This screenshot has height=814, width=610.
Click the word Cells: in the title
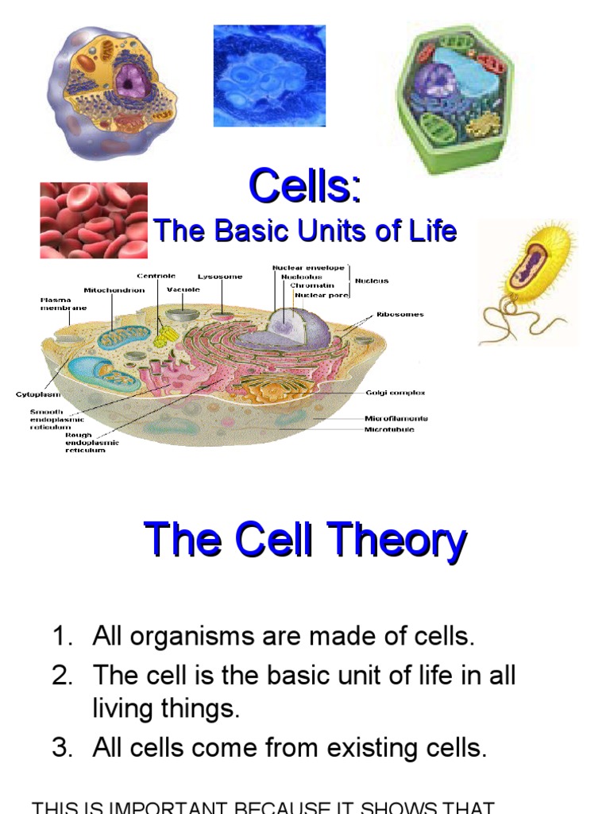pyautogui.click(x=305, y=188)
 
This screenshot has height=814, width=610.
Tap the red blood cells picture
pyautogui.click(x=94, y=220)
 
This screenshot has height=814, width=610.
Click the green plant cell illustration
pyautogui.click(x=454, y=97)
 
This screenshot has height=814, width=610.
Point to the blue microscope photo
pyautogui.click(x=269, y=76)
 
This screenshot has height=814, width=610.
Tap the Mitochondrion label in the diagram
pyautogui.click(x=114, y=290)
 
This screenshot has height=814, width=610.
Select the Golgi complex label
pyautogui.click(x=395, y=393)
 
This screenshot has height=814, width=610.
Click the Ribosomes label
pyautogui.click(x=400, y=314)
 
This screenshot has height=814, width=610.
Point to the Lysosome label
pyautogui.click(x=220, y=277)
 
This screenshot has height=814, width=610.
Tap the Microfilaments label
pyautogui.click(x=396, y=418)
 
